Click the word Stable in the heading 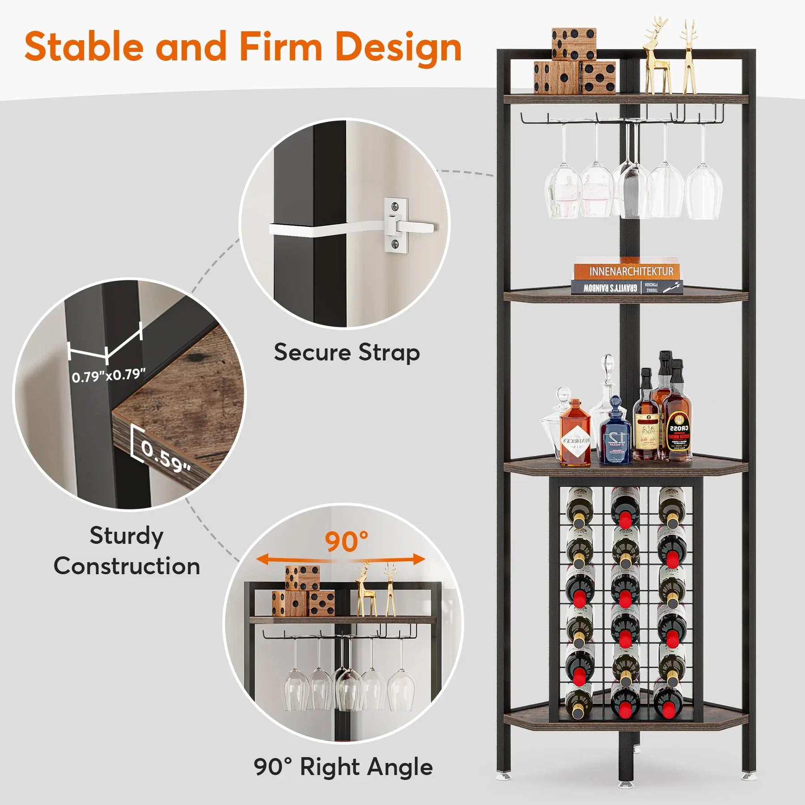85,47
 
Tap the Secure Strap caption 347,352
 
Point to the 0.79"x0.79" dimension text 109,375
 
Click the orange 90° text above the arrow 347,542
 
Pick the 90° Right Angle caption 343,767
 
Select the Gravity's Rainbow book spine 610,288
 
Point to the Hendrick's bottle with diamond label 575,434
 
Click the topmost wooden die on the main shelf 574,44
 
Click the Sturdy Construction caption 127,551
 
